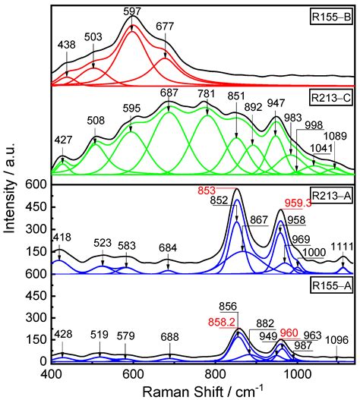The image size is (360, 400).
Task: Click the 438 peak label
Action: pos(66,46)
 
